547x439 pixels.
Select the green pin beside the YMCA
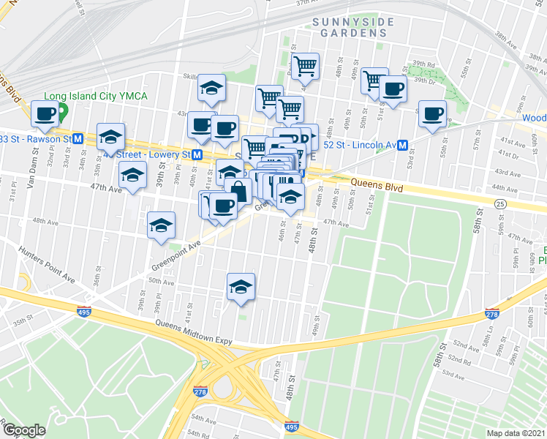[x=63, y=112]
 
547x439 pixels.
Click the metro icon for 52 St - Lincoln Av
[x=403, y=145]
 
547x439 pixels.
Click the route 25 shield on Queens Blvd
[x=500, y=203]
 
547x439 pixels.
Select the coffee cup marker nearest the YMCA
[x=45, y=113]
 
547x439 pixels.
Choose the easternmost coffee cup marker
[x=432, y=113]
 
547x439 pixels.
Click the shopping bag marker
[x=239, y=191]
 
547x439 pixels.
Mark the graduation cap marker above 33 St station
[x=111, y=136]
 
